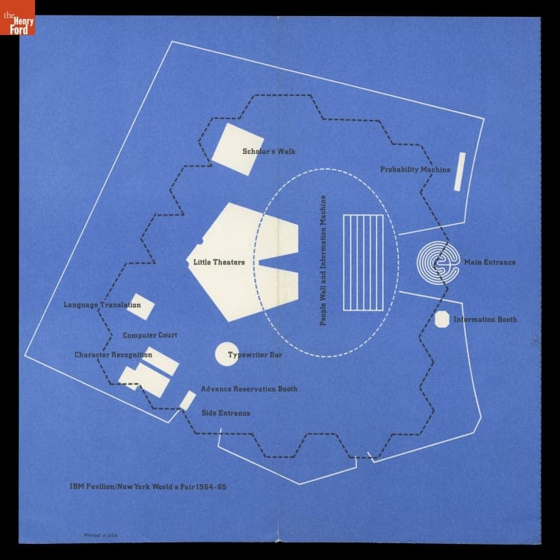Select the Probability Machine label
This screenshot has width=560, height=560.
click(415, 169)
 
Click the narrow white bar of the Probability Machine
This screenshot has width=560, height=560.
click(460, 171)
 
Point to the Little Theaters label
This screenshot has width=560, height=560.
click(219, 262)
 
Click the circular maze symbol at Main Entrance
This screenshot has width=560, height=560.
click(437, 263)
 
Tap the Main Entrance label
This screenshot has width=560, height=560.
click(490, 262)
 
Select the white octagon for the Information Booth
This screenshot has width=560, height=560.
click(442, 319)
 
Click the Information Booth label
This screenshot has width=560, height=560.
click(486, 320)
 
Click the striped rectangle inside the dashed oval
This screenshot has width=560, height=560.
click(363, 262)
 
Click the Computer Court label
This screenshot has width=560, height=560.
click(150, 335)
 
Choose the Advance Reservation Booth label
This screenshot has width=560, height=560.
click(249, 389)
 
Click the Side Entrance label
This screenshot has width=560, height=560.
click(225, 413)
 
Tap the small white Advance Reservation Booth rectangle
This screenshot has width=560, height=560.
click(188, 400)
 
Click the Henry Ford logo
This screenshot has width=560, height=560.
click(17, 17)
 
